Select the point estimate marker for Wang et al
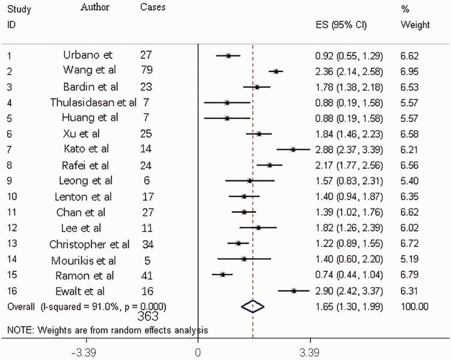tap(276, 72)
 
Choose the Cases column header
tap(152, 8)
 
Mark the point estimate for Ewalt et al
tap(294, 290)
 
